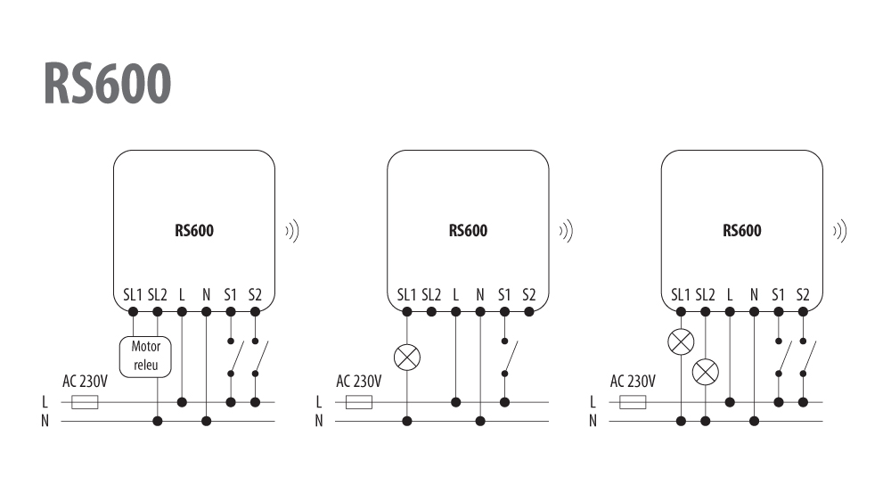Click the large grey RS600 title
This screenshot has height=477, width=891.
coord(107,83)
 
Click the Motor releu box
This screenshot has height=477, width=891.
coord(145,357)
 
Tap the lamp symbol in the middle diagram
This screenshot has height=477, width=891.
coord(407,358)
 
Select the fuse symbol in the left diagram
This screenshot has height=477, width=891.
coord(86,402)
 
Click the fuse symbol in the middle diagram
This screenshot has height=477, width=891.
coord(359,402)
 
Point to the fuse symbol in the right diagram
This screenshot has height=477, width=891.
coord(633,402)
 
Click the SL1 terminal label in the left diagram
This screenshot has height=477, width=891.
coord(133,295)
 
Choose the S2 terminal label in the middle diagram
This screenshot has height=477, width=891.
coord(529,295)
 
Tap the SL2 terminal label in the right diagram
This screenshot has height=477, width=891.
coord(705,295)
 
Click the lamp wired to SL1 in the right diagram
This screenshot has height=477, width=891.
coord(681,341)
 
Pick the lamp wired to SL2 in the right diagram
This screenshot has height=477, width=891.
coord(705,373)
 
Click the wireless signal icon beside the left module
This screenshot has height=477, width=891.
coord(292,231)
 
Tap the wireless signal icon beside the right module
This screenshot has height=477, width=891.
coord(840,231)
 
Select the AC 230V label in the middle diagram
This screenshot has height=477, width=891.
coord(359,381)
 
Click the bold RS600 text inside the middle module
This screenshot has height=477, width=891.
coord(469,230)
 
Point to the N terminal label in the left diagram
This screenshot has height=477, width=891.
coord(207,295)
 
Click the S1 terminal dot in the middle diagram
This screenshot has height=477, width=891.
coord(504,311)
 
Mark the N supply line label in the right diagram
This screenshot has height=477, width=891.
coord(593,421)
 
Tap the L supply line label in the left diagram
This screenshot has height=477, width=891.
coord(45,402)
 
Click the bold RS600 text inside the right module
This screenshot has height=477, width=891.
coord(742,230)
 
